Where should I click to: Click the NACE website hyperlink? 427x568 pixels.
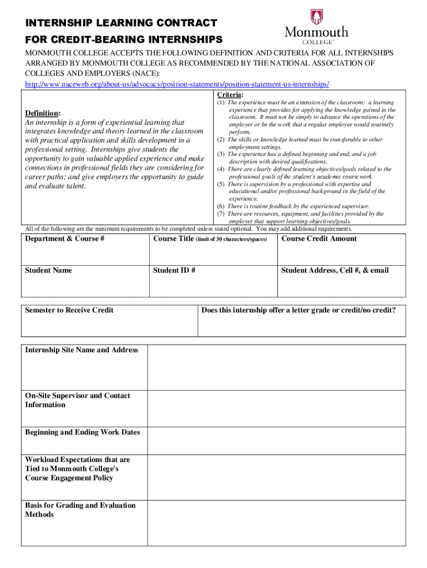click(177, 84)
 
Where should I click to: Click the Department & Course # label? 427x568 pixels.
click(65, 239)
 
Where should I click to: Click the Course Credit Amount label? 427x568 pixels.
click(319, 239)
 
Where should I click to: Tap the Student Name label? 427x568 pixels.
click(48, 271)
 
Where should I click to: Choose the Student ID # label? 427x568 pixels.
click(174, 271)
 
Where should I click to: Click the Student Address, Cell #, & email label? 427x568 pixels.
click(335, 271)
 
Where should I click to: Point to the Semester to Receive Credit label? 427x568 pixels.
click(69, 310)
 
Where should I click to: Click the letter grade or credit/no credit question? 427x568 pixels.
click(298, 310)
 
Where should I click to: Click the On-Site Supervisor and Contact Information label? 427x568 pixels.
click(78, 400)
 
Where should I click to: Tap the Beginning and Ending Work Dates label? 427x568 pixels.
click(83, 433)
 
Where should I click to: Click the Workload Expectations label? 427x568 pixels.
click(78, 469)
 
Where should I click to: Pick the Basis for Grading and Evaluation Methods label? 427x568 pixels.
click(80, 510)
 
